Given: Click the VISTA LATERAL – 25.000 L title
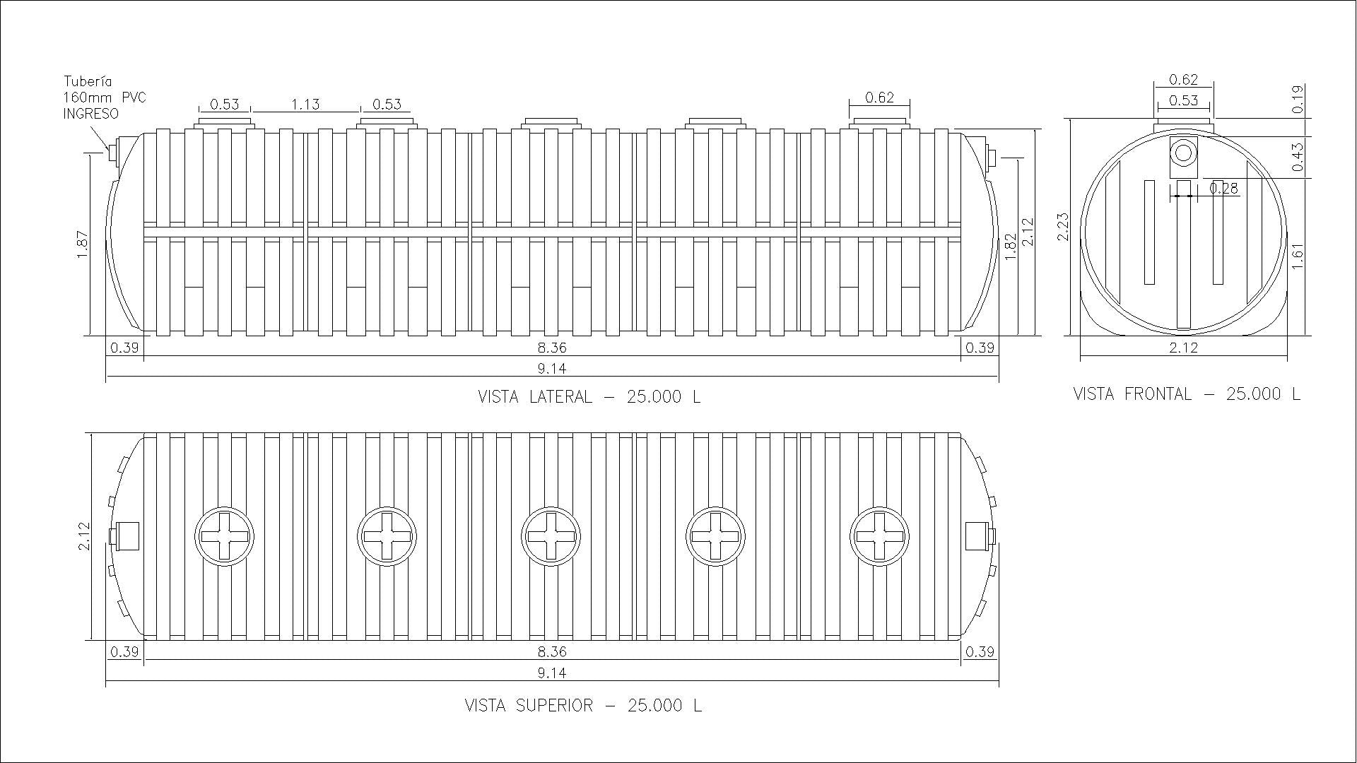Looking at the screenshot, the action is click(589, 396).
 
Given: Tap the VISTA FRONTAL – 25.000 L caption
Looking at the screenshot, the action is click(1187, 394).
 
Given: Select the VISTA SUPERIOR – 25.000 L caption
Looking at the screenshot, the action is click(583, 705).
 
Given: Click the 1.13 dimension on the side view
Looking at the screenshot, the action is click(305, 105).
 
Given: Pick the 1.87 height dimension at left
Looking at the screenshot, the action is click(83, 245).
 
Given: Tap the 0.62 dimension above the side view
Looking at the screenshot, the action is click(879, 97).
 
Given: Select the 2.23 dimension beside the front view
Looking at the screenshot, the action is click(1064, 227).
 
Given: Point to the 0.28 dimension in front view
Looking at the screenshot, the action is click(1223, 188).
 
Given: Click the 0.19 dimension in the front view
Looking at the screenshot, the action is click(1298, 100).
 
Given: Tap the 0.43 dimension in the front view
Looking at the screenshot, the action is click(1298, 158).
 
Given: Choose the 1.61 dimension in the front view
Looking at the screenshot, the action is click(1298, 256).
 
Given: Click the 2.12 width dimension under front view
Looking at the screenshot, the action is click(1184, 347).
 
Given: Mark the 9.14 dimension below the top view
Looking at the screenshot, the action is click(551, 673).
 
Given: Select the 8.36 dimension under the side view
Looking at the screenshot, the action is click(551, 348).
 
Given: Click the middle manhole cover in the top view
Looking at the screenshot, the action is click(551, 536).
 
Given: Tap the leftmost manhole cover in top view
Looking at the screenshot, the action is click(224, 536).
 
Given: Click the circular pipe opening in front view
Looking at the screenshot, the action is click(1183, 153).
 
